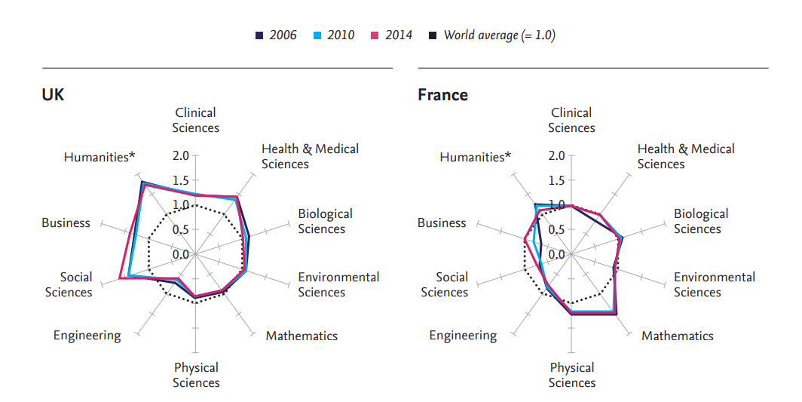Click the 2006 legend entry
276,35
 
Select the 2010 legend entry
334,35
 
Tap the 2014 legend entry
392,35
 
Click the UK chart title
53,95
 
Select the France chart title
442,95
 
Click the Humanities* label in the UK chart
99,157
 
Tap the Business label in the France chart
442,222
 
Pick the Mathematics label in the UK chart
302,336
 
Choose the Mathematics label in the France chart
677,336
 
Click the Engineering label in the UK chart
87,336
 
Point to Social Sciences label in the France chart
452,284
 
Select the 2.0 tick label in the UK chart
180,156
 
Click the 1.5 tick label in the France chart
556,180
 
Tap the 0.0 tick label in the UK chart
180,254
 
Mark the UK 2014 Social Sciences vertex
120,280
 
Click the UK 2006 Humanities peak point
142,182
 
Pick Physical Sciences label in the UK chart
196,375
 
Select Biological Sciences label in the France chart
701,221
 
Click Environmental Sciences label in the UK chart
338,284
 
